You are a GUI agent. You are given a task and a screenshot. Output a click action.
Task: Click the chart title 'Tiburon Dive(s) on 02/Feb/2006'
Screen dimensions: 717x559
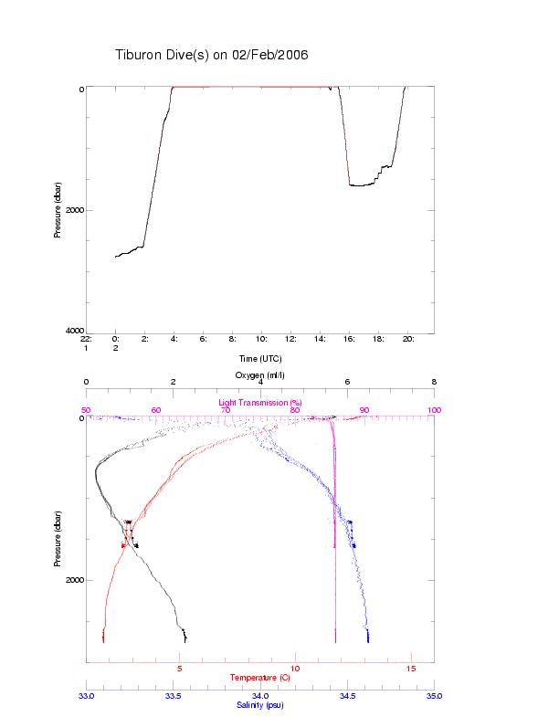(x=211, y=55)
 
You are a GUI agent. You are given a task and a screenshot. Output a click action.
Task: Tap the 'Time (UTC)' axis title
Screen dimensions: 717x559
(x=259, y=358)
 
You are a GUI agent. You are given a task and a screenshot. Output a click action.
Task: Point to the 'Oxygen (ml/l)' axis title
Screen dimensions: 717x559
(x=260, y=374)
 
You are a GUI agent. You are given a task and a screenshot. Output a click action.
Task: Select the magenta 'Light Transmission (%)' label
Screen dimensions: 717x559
(x=260, y=402)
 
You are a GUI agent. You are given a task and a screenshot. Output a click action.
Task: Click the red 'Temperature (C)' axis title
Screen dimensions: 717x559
(x=260, y=678)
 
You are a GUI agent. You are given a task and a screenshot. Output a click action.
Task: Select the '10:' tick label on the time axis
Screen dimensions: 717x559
(x=261, y=338)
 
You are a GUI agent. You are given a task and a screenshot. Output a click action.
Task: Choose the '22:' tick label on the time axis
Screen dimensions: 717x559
(x=86, y=338)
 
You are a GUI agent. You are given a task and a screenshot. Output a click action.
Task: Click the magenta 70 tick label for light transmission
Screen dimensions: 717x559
(x=225, y=410)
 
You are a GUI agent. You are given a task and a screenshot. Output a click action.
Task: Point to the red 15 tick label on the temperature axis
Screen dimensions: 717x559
(x=410, y=670)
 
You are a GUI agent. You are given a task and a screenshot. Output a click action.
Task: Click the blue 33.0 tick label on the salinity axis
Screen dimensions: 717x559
(x=86, y=695)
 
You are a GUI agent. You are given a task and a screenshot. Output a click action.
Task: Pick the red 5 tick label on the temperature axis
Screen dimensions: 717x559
(x=179, y=670)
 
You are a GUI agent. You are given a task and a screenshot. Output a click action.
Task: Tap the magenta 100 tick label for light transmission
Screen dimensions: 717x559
(x=434, y=410)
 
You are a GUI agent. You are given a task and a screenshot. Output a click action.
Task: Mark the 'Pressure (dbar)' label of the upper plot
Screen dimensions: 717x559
(x=58, y=209)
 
